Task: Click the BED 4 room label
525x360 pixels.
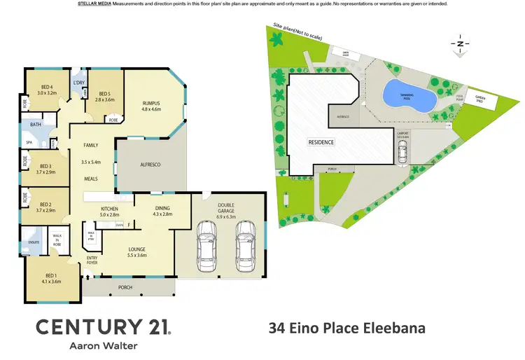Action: tap(45, 87)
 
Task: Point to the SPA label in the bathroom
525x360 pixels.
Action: tap(29, 143)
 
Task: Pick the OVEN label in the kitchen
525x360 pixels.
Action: tap(119, 225)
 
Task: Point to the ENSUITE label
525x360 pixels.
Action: tap(33, 242)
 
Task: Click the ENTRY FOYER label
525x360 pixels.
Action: tap(92, 261)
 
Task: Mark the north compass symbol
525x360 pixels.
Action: tap(459, 43)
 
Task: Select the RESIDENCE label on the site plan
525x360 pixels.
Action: tap(321, 141)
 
